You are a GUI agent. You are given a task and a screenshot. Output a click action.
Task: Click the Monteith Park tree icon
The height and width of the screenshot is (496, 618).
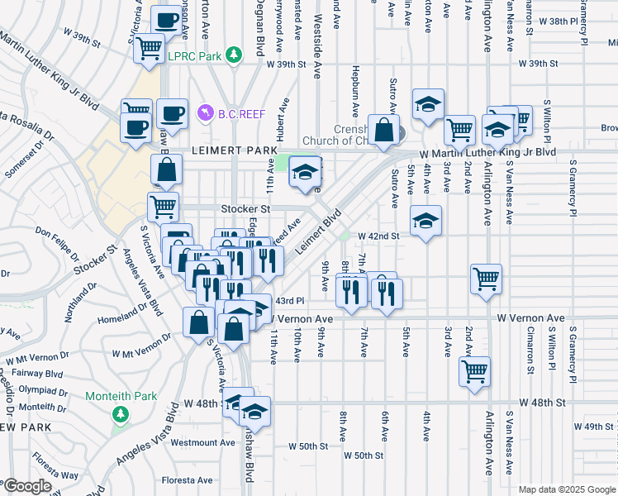pyautogui.click(x=121, y=413)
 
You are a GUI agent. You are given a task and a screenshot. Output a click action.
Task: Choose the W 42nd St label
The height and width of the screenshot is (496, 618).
pyautogui.click(x=378, y=236)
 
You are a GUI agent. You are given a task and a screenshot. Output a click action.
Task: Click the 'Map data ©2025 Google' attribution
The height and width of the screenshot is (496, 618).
pyautogui.click(x=566, y=489)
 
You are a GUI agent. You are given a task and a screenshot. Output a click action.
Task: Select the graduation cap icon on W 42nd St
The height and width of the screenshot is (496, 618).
pyautogui.click(x=426, y=221)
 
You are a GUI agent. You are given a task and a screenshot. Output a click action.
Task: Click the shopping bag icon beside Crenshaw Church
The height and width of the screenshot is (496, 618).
pyautogui.click(x=383, y=130)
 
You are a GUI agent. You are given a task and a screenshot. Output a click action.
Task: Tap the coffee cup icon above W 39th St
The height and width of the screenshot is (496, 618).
pyautogui.click(x=166, y=20)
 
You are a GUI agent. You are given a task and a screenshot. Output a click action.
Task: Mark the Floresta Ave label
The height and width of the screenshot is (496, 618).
pyautogui.click(x=186, y=479)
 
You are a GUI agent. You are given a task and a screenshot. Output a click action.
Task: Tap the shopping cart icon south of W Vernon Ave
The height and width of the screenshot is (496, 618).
pyautogui.click(x=474, y=372)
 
